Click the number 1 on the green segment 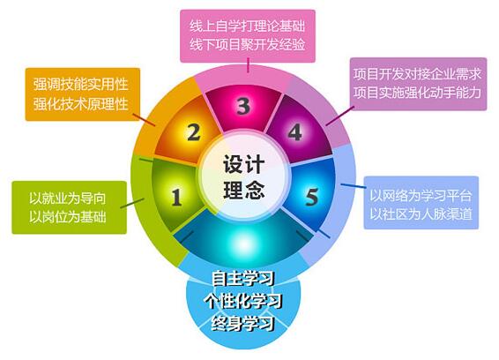click(176, 197)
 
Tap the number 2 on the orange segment click(193, 131)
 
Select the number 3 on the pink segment click(243, 106)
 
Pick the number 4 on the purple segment click(294, 131)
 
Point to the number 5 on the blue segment click(311, 197)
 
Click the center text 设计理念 click(244, 177)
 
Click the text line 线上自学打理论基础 click(247, 26)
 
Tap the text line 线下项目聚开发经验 click(247, 45)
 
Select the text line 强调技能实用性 click(81, 85)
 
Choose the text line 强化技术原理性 click(81, 104)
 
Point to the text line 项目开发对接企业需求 click(417, 74)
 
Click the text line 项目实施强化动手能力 click(417, 93)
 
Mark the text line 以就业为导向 click(68, 199)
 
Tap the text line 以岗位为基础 click(68, 217)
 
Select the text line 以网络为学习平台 click(421, 196)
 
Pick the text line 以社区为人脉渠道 click(421, 214)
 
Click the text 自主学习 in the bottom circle click(243, 278)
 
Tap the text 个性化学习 click(243, 301)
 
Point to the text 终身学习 click(243, 324)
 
